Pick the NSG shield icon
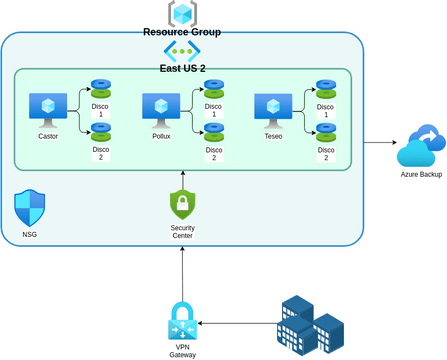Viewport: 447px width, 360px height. (x=29, y=208)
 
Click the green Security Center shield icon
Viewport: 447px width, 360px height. (x=182, y=205)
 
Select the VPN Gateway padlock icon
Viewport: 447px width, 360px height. (x=182, y=322)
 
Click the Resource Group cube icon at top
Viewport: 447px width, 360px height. (x=182, y=13)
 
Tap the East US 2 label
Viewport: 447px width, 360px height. (x=182, y=68)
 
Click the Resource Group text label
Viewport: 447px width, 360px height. (x=182, y=32)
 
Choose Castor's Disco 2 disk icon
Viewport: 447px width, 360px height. (x=101, y=129)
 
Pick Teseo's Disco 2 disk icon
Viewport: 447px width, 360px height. (x=325, y=129)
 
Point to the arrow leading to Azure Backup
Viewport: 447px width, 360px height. (x=377, y=142)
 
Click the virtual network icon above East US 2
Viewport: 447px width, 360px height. (x=182, y=50)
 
